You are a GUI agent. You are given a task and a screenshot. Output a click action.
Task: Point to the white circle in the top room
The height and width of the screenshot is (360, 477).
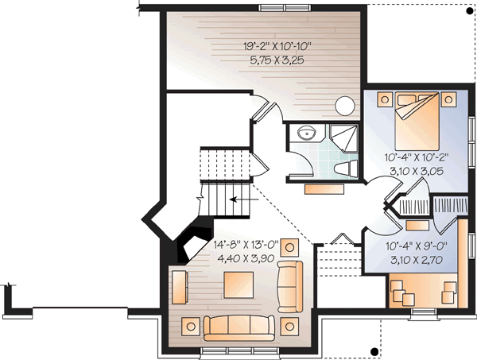tap(344, 105)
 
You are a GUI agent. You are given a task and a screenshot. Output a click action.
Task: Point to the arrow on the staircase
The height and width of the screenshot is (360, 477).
tap(235, 199)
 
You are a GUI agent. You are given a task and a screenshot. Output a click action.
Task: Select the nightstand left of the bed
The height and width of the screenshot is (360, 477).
tap(384, 99)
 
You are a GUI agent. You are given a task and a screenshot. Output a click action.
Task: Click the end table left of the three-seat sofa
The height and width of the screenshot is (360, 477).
tap(191, 324)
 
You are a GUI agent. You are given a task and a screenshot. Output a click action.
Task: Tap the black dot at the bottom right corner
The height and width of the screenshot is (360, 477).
tap(373, 350)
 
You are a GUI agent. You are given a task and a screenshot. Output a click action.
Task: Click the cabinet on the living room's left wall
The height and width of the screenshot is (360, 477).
tap(178, 285)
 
